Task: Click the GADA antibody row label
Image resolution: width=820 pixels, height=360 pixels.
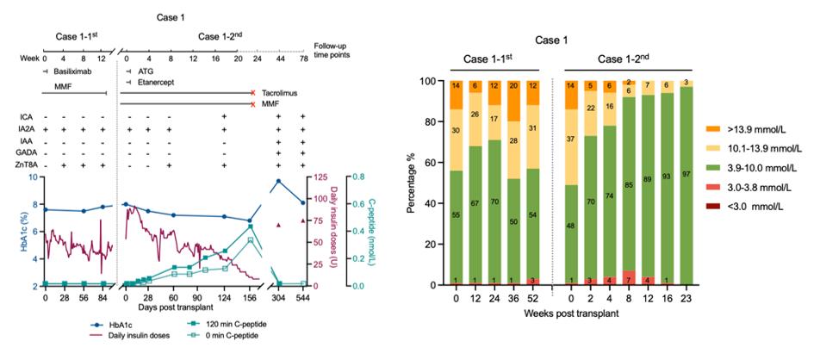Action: pos(29,152)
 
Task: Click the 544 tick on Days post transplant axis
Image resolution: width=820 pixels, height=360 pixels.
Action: pos(302,297)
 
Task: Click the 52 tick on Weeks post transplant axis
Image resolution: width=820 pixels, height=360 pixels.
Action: pos(534,297)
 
